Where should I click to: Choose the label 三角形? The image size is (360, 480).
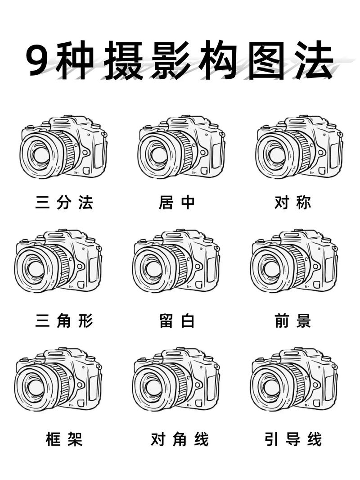click(x=64, y=322)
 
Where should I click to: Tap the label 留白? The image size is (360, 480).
click(x=177, y=322)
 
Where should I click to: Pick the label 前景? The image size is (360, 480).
click(x=292, y=322)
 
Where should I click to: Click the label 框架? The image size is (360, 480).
click(x=64, y=439)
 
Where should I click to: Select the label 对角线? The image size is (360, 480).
click(x=180, y=439)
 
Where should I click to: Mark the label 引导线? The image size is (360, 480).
click(x=293, y=439)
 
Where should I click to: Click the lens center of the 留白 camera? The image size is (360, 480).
click(x=153, y=269)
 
